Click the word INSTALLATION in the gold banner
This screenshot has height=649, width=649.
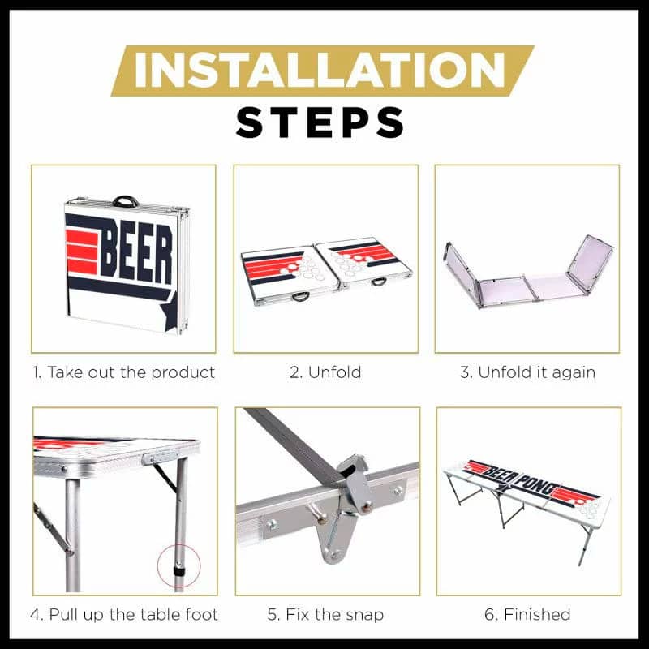click(319, 70)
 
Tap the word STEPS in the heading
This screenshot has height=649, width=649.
click(320, 122)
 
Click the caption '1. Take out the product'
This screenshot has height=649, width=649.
click(124, 372)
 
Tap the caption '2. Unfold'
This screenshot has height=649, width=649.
click(325, 372)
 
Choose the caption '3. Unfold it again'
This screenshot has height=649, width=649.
click(528, 372)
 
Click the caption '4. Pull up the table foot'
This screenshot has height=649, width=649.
click(124, 615)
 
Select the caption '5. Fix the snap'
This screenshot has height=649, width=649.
click(325, 615)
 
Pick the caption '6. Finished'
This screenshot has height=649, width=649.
click(528, 615)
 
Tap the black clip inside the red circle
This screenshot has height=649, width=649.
click(179, 572)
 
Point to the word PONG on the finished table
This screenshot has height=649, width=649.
click(538, 485)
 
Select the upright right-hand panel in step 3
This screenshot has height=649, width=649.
click(591, 261)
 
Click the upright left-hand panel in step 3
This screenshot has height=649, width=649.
click(462, 273)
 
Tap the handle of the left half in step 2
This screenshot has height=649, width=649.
click(301, 296)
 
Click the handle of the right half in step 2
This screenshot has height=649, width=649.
click(379, 282)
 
